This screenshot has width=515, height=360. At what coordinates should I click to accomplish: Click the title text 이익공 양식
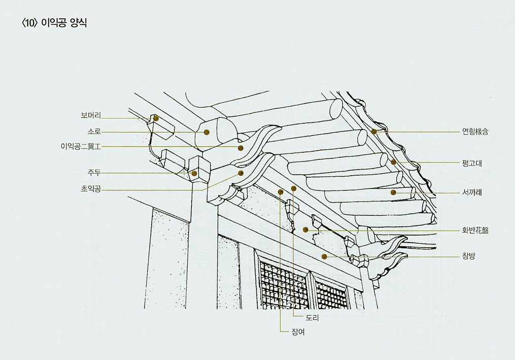click(64, 23)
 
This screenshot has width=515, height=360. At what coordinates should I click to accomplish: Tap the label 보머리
click(91, 115)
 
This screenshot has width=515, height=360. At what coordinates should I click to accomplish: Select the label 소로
click(94, 132)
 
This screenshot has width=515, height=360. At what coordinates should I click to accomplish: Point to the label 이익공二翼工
click(81, 147)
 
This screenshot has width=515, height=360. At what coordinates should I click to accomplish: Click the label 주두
click(94, 173)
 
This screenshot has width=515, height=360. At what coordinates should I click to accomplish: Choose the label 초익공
click(91, 189)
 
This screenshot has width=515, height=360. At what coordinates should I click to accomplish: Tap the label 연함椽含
click(475, 132)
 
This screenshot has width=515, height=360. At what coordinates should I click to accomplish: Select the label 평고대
click(472, 163)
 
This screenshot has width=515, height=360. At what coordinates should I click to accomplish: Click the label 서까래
click(472, 192)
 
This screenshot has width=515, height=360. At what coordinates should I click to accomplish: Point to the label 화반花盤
click(475, 230)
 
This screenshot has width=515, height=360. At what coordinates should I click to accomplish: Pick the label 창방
click(469, 256)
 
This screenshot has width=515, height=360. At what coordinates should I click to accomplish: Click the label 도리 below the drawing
click(313, 318)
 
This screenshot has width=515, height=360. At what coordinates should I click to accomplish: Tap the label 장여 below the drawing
click(298, 332)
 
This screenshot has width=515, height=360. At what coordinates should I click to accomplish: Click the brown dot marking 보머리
click(156, 118)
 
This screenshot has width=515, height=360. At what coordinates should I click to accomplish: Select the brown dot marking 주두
click(194, 173)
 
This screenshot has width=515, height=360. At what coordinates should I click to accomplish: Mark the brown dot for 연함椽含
click(374, 132)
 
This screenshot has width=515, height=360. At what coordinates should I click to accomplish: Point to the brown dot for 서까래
click(393, 192)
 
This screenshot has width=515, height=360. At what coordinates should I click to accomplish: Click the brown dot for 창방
click(324, 257)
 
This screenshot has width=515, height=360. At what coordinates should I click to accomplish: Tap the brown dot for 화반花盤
click(305, 230)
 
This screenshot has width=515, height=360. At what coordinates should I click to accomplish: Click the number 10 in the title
click(30, 23)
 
